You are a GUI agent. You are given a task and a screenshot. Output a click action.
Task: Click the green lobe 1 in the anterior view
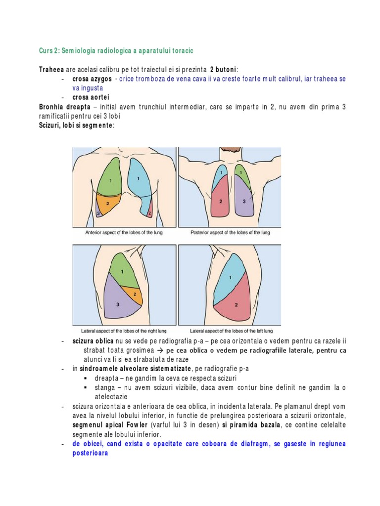click(x=110, y=179)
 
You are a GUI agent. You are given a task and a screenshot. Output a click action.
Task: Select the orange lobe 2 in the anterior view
click(x=107, y=203)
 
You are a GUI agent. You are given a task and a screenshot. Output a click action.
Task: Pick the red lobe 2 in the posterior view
click(x=221, y=200)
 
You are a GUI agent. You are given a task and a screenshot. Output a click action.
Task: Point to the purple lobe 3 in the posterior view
click(x=243, y=200)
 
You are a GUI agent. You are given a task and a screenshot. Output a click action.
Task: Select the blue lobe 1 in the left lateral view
click(x=228, y=277)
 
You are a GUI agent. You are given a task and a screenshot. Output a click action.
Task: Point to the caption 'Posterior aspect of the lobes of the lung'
click(x=230, y=232)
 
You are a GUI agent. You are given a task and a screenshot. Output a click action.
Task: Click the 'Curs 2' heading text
click(x=49, y=51)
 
